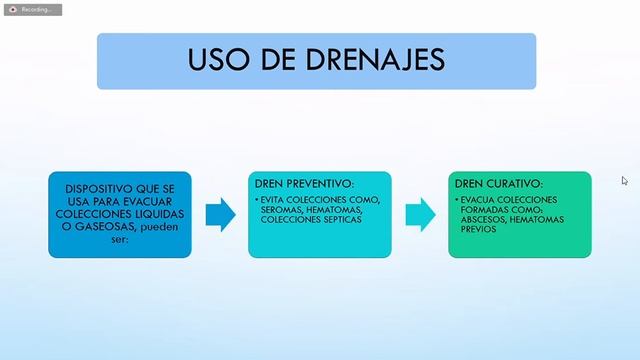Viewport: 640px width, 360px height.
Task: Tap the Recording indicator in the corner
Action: [33, 9]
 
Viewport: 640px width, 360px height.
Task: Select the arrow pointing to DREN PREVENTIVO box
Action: [220, 215]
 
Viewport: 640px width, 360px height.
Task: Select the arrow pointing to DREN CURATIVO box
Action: [420, 215]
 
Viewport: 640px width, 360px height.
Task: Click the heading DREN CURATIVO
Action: [498, 185]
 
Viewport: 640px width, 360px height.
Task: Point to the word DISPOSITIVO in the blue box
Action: [96, 188]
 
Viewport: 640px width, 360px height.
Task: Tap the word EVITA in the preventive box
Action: [275, 199]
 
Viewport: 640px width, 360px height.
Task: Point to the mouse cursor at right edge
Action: [625, 181]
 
